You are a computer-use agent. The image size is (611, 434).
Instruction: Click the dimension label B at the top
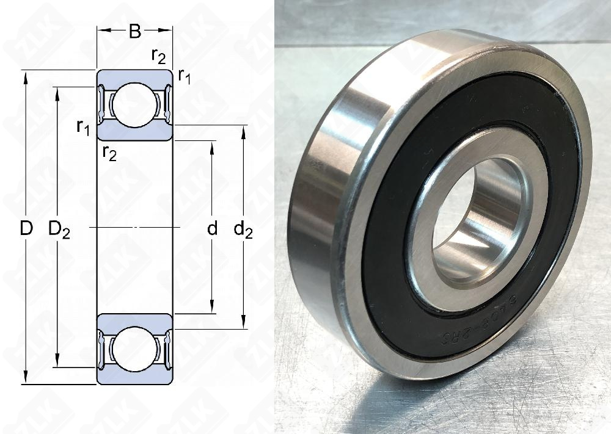tap(135, 31)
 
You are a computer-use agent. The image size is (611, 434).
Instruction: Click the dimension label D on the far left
tap(26, 229)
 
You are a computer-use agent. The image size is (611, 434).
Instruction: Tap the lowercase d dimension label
tap(212, 229)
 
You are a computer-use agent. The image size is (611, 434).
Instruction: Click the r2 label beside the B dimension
tap(158, 56)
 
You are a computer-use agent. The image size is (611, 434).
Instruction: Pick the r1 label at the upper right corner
tap(183, 76)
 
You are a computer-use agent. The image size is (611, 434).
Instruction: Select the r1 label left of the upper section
tap(84, 127)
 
